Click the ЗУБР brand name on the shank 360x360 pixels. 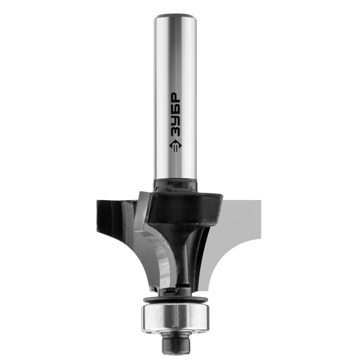[175, 115]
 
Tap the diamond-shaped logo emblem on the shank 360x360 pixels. [175, 145]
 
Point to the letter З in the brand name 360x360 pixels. [175, 132]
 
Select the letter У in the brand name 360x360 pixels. [175, 121]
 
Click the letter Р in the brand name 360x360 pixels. [175, 98]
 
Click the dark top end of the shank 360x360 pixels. [175, 16]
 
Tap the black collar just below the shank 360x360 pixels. [175, 185]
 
